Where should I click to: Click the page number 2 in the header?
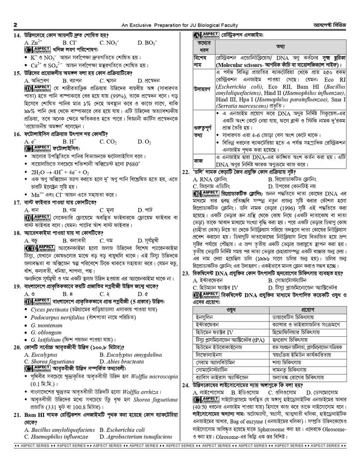(x=15, y=25)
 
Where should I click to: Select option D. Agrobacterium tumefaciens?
(x=135, y=437)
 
